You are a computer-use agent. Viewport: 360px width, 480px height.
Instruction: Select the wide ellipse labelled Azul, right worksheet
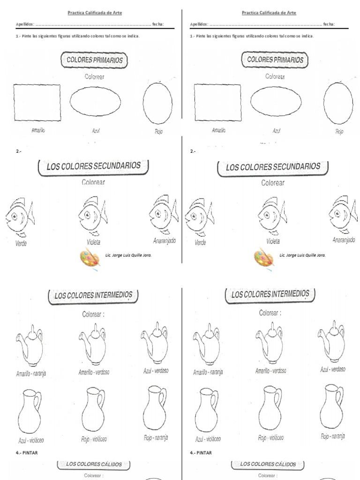click(276, 101)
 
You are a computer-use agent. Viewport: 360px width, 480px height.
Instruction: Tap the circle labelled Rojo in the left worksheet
click(157, 104)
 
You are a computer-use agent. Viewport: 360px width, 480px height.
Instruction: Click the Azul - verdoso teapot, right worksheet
click(331, 342)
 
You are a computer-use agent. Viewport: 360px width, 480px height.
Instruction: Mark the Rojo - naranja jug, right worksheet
click(332, 406)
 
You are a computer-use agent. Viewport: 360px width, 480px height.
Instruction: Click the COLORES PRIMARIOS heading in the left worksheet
click(95, 60)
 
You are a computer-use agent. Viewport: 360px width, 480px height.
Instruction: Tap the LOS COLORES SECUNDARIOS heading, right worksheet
click(273, 167)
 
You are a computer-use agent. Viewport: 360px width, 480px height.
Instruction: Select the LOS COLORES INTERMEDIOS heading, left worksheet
click(94, 296)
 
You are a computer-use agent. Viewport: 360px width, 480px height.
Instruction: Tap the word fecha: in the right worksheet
click(329, 24)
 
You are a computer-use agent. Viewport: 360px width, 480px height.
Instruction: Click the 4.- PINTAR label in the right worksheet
click(201, 453)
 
